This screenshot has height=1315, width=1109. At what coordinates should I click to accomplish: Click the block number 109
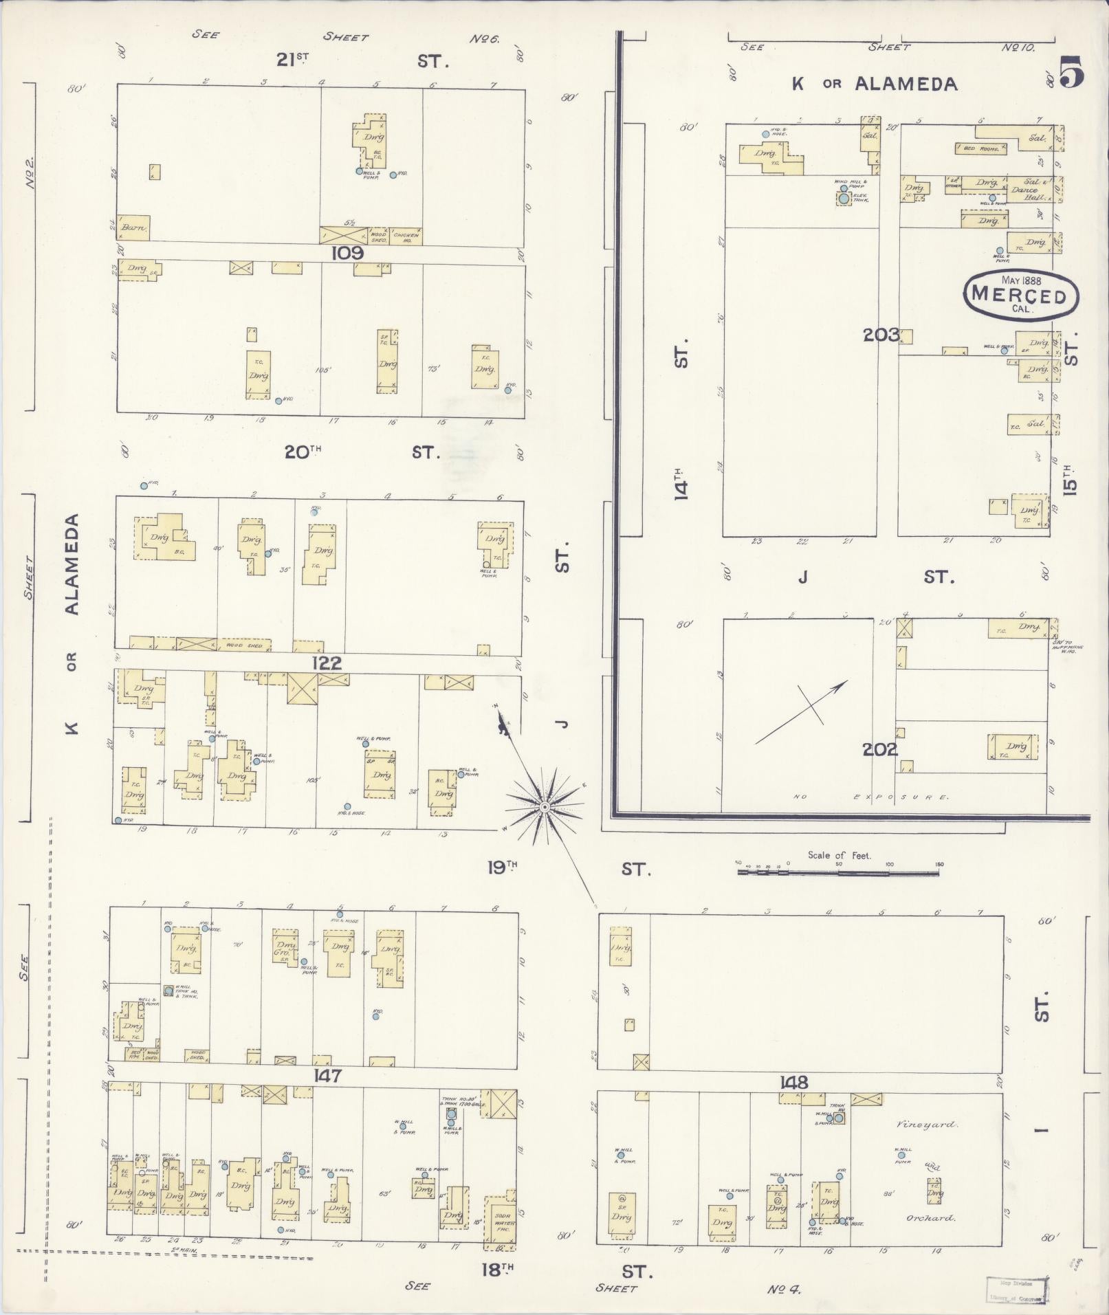pyautogui.click(x=347, y=253)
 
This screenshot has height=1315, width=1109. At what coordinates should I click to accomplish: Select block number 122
pyautogui.click(x=326, y=663)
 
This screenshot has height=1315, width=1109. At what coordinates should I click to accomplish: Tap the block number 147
pyautogui.click(x=326, y=1075)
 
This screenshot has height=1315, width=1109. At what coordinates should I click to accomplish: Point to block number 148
pyautogui.click(x=793, y=1083)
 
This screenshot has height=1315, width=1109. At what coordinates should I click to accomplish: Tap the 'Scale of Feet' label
pyautogui.click(x=839, y=855)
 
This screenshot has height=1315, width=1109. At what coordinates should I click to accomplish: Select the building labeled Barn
pyautogui.click(x=133, y=228)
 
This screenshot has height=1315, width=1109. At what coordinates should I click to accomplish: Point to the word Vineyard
pyautogui.click(x=926, y=1125)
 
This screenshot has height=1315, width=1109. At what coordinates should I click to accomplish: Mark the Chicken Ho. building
pyautogui.click(x=406, y=236)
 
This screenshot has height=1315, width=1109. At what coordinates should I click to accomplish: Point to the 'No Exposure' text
pyautogui.click(x=871, y=797)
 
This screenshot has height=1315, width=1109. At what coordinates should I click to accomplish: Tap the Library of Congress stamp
pyautogui.click(x=1016, y=1289)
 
